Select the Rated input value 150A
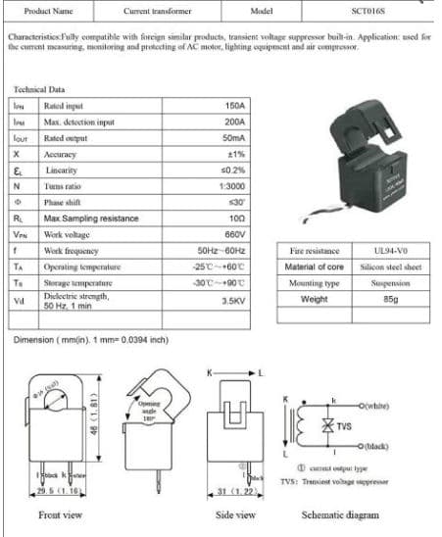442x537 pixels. pyautogui.click(x=233, y=105)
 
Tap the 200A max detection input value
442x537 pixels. pyautogui.click(x=233, y=122)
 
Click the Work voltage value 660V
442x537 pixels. pyautogui.click(x=232, y=234)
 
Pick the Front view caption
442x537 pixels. pyautogui.click(x=61, y=514)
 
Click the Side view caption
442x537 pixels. pyautogui.click(x=235, y=514)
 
